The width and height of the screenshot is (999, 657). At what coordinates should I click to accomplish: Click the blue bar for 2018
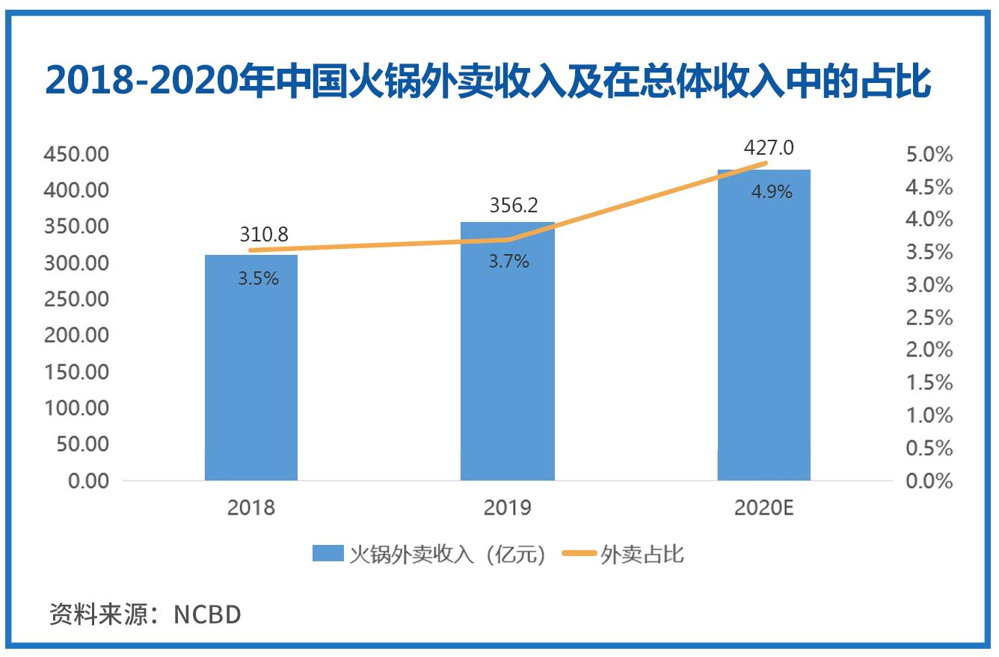(x=251, y=374)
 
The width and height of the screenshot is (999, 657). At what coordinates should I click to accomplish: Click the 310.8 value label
(x=263, y=235)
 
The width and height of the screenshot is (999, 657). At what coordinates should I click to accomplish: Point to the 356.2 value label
(x=513, y=205)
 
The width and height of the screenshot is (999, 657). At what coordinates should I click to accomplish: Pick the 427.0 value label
(x=768, y=147)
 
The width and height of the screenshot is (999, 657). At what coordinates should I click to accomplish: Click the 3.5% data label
(x=258, y=279)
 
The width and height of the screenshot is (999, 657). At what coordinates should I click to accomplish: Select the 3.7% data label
(x=508, y=262)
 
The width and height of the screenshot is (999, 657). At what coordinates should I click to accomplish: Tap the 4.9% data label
(x=771, y=192)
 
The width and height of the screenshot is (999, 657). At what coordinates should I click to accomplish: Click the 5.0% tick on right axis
(x=929, y=155)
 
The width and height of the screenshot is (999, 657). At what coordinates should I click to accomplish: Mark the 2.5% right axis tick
(x=929, y=318)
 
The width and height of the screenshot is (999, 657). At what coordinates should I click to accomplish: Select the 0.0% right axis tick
(x=929, y=481)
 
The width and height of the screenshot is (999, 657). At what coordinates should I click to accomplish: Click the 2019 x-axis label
(x=507, y=508)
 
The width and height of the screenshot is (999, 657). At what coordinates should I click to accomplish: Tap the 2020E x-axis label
(x=763, y=508)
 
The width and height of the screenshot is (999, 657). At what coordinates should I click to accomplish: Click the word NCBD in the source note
(x=207, y=614)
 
